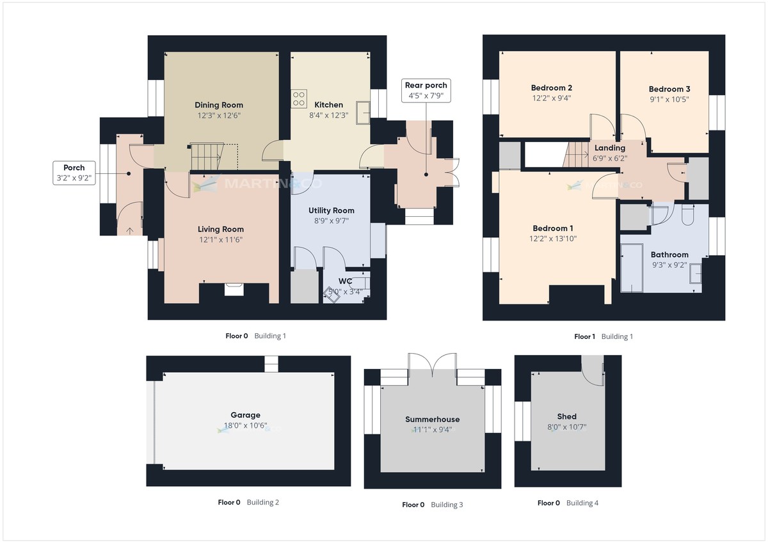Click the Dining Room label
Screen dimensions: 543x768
point(219,105)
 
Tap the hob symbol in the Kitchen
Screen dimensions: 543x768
point(299,98)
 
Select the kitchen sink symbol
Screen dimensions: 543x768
point(364,110)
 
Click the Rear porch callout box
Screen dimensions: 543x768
point(426,90)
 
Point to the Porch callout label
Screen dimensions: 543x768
point(74,173)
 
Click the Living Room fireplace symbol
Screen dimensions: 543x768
point(234,290)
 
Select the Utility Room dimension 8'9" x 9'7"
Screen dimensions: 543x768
point(331,221)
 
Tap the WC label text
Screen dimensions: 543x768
point(346,281)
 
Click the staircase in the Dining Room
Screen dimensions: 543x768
point(205,156)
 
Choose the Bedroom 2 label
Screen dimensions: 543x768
point(551,88)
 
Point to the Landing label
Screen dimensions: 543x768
point(610,148)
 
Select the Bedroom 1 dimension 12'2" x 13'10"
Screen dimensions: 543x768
point(553,239)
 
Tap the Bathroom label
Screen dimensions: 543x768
point(669,255)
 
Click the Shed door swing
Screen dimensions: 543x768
point(594,371)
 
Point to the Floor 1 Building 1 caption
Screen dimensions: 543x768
point(603,336)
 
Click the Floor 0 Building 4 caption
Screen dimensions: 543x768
point(568,503)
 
